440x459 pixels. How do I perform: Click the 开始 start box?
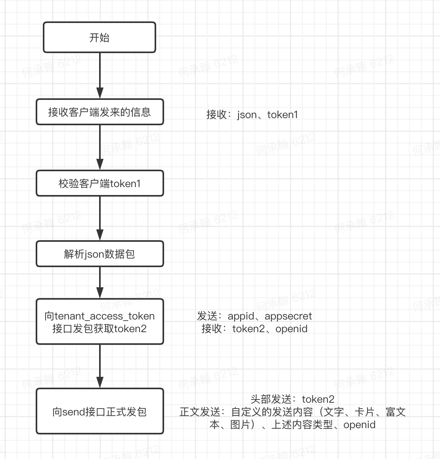(x=99, y=38)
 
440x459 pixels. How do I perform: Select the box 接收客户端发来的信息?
(x=99, y=112)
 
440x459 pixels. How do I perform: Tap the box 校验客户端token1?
(x=99, y=184)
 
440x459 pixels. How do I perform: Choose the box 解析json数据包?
(x=99, y=254)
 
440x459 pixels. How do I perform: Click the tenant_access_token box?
(x=99, y=322)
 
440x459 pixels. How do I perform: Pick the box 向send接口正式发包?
(x=99, y=411)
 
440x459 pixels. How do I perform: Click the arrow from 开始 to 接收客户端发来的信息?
(x=100, y=75)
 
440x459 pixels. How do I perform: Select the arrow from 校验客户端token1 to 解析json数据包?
(x=100, y=218)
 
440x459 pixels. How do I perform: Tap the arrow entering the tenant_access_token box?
(x=100, y=283)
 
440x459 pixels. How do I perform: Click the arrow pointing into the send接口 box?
(x=100, y=366)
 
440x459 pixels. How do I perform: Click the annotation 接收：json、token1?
(x=252, y=115)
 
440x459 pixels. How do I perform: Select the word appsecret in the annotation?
(x=288, y=316)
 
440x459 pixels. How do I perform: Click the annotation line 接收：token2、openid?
(x=254, y=329)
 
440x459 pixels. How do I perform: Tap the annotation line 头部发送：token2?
(x=293, y=399)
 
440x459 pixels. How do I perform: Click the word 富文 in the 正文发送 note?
(x=396, y=412)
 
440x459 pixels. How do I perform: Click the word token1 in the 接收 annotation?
(x=283, y=115)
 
